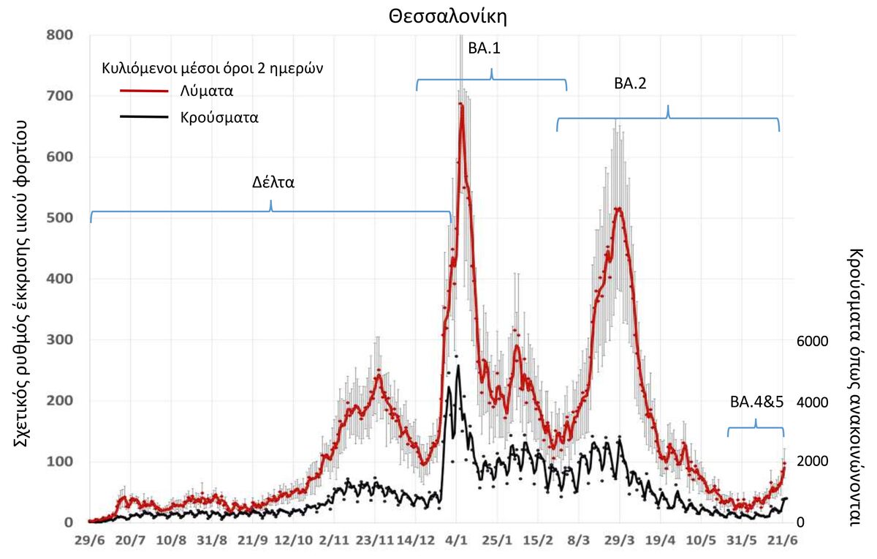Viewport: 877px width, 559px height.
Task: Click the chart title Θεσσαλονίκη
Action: point(447,16)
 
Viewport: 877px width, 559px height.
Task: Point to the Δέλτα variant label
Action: point(273,183)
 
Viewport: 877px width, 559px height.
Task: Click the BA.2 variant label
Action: point(630,84)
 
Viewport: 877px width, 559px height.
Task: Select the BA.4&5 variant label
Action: point(756,402)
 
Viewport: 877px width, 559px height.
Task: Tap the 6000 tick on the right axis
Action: point(812,341)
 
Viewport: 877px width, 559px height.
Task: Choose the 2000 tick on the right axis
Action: point(812,462)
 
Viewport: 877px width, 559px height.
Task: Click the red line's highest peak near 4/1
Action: point(461,105)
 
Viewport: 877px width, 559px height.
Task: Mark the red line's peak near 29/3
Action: point(619,209)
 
